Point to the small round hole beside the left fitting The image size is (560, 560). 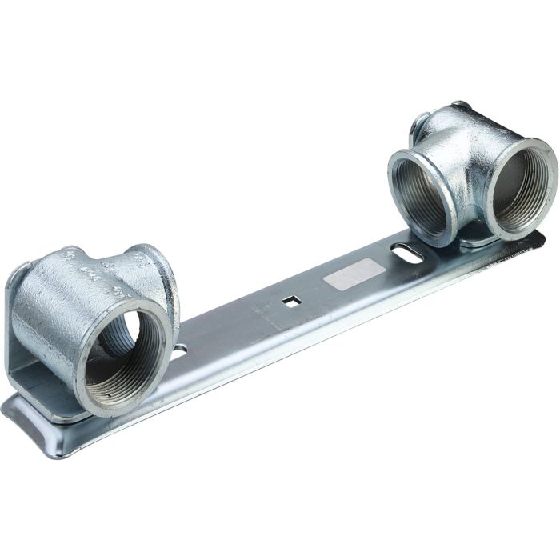coord(181,350)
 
